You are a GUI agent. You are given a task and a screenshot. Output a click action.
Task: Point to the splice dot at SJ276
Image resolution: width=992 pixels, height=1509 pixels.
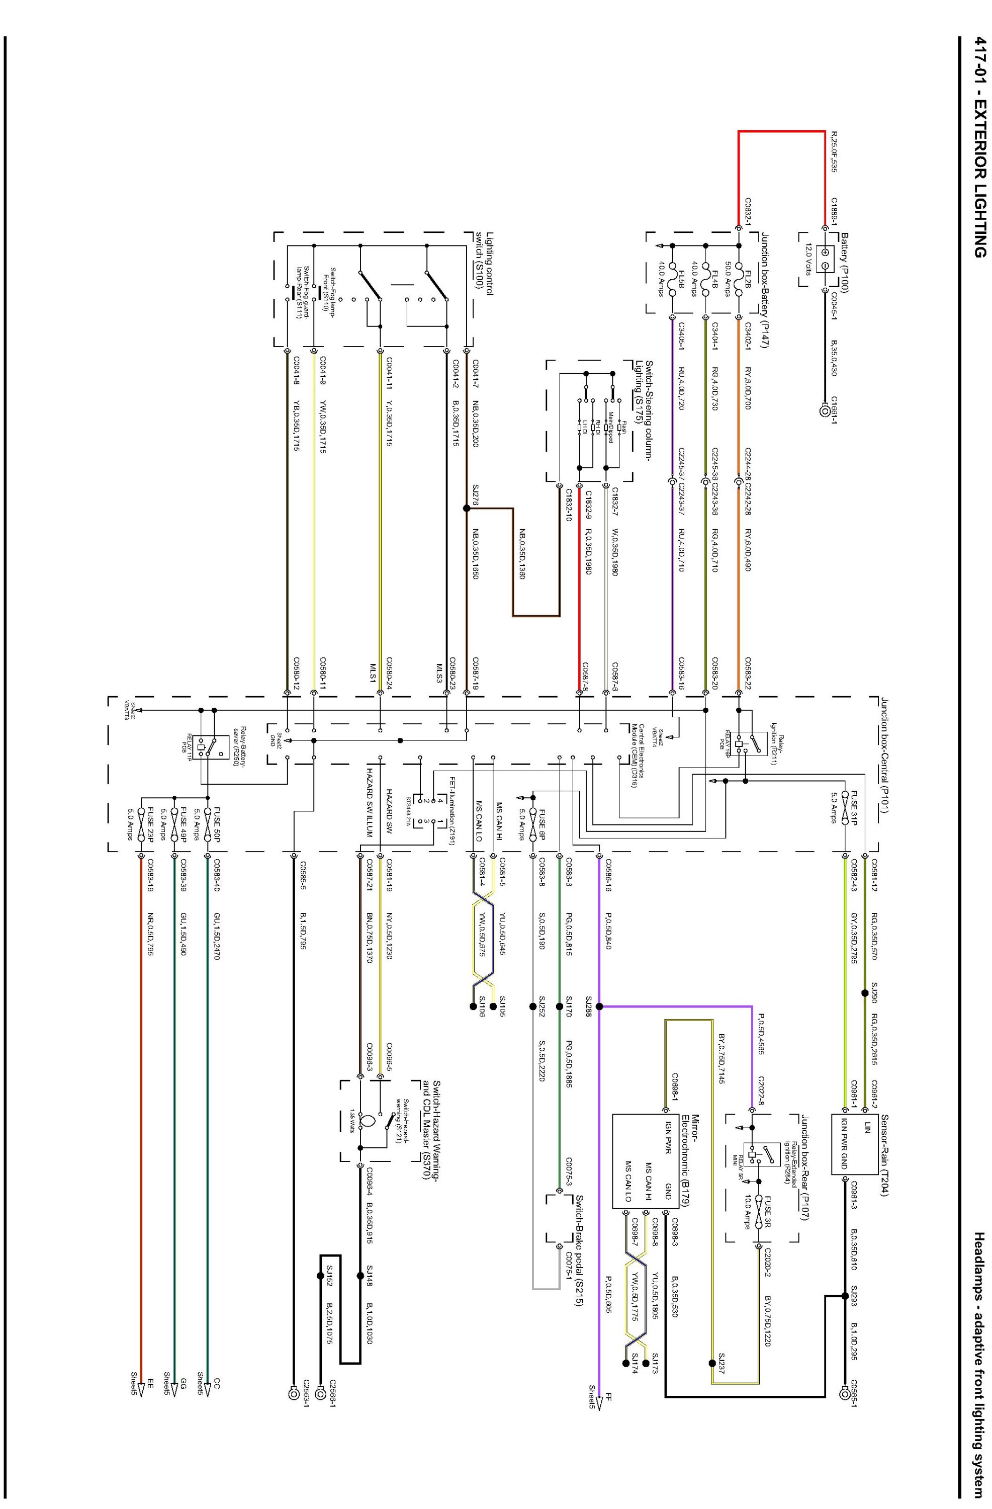pos(467,509)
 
